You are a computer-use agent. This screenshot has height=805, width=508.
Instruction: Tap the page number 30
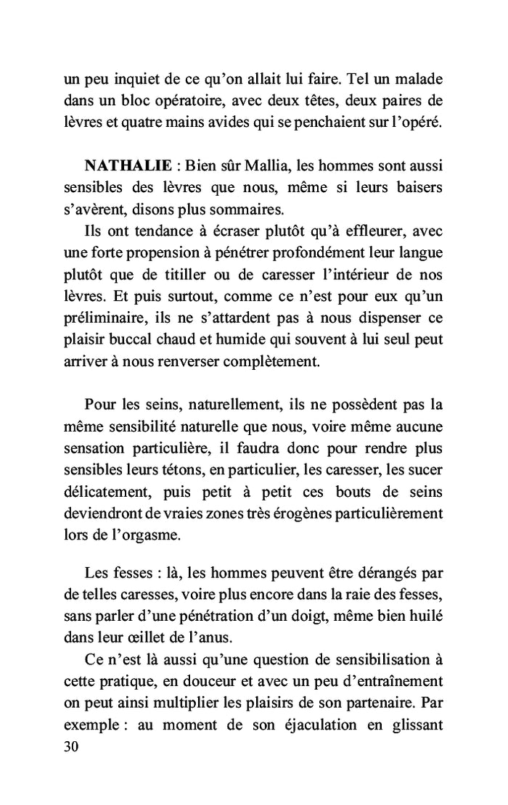click(72, 746)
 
